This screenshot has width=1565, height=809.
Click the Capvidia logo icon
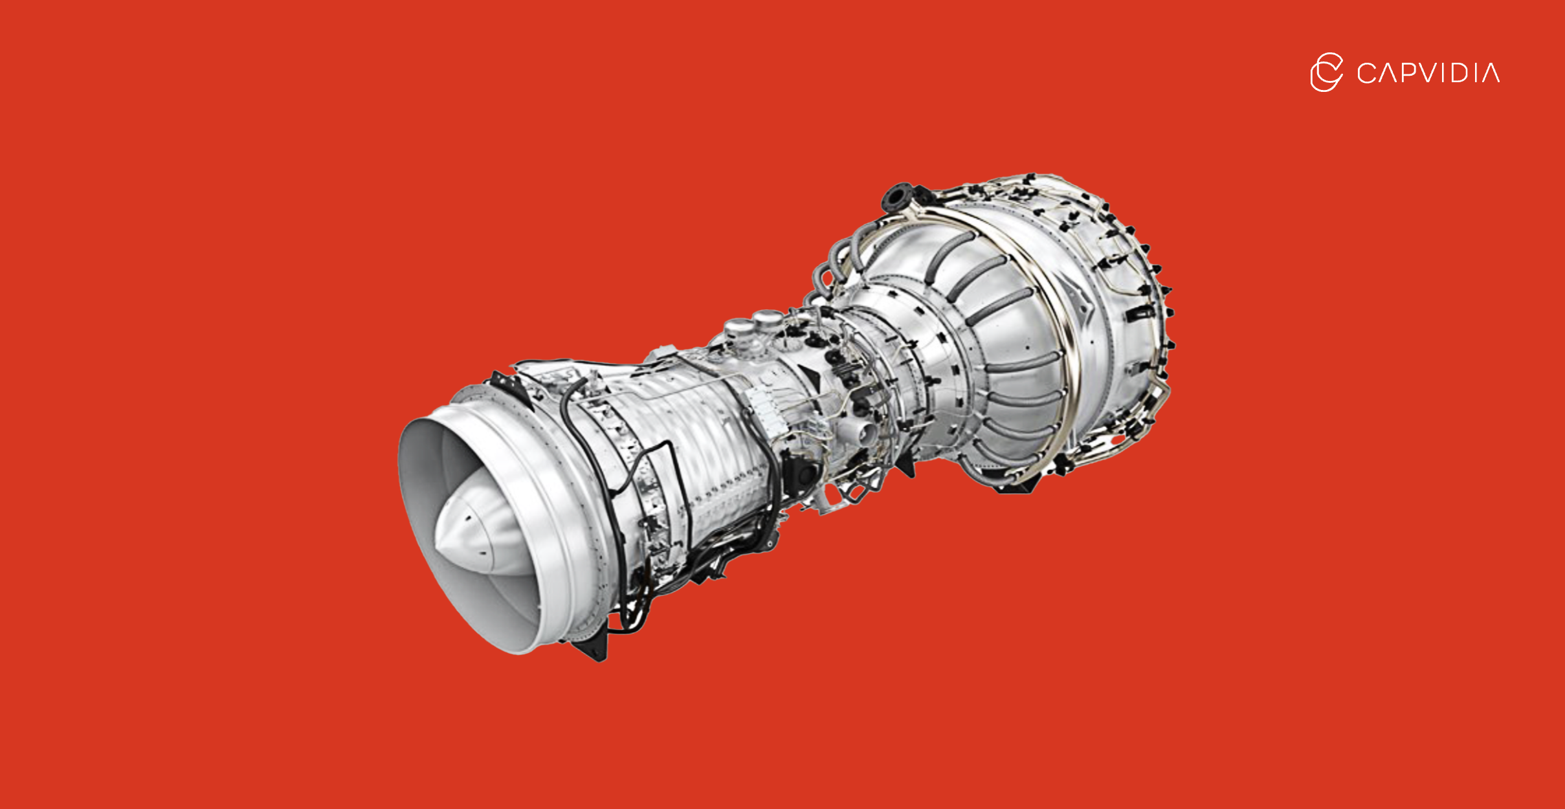1326,72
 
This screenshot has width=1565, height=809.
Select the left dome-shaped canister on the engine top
737,329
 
